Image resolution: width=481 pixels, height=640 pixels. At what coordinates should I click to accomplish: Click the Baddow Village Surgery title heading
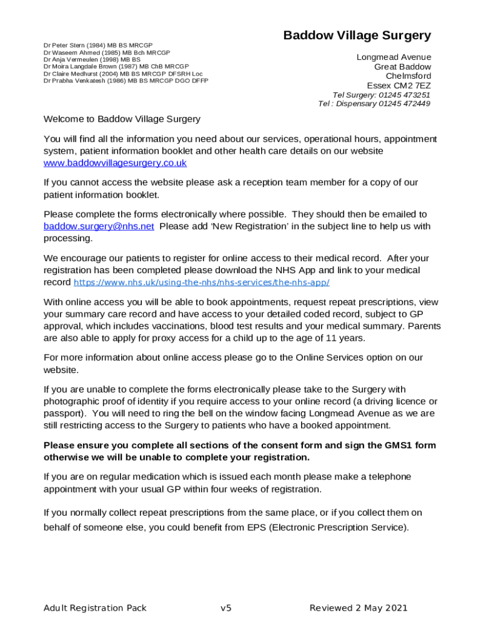tap(357, 36)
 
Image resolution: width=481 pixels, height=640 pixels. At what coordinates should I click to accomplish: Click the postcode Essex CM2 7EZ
tap(399, 86)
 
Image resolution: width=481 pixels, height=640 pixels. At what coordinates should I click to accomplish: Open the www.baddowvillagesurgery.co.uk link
tap(115, 163)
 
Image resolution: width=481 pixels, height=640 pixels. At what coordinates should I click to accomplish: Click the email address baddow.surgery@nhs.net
tap(99, 226)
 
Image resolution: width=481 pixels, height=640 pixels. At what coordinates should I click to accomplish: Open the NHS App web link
tap(201, 283)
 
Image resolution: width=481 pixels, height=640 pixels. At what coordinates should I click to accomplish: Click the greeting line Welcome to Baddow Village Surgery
tap(122, 119)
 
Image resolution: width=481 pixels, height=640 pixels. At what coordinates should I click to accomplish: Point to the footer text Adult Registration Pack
tap(95, 608)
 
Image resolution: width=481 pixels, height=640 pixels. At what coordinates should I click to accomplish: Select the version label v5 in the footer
tap(226, 608)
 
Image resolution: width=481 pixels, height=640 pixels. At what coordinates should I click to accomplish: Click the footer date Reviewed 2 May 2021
tap(359, 608)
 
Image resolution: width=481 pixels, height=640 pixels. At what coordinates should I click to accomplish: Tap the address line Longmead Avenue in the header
tap(394, 57)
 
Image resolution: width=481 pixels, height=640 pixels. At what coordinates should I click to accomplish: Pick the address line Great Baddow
tap(402, 67)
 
